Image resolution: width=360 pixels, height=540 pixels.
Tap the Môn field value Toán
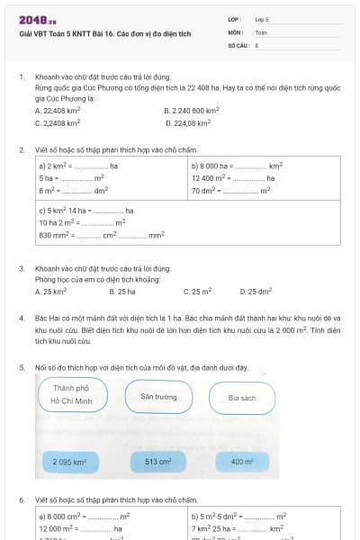[261, 31]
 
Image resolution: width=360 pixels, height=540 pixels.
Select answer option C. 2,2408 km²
[58, 121]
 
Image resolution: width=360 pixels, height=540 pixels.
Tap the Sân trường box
[158, 396]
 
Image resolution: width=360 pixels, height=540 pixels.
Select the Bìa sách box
[242, 397]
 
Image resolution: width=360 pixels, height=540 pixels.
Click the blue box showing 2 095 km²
[69, 462]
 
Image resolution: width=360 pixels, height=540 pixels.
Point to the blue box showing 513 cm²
[157, 462]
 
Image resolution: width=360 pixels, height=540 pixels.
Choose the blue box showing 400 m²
[242, 462]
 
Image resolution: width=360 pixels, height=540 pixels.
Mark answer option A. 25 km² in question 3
[51, 292]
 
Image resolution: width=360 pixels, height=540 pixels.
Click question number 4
[22, 319]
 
